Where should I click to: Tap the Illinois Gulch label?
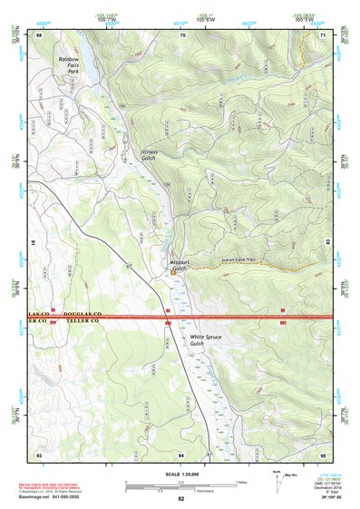coord(150,154)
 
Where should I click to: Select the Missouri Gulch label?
coord(178,266)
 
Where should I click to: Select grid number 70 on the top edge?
coord(182,34)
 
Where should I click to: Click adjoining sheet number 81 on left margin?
coord(31,243)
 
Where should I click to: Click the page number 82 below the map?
coord(181,499)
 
